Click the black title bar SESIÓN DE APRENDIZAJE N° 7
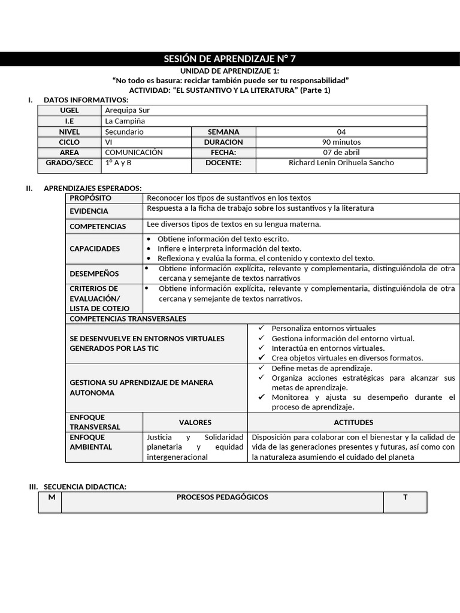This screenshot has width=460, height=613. pyautogui.click(x=230, y=59)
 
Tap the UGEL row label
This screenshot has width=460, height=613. pyautogui.click(x=69, y=110)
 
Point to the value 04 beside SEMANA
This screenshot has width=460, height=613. pyautogui.click(x=341, y=132)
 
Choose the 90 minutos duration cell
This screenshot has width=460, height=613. pyautogui.click(x=341, y=142)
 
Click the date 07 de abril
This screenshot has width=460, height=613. pyautogui.click(x=341, y=152)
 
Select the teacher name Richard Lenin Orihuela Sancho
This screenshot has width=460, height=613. pyautogui.click(x=341, y=162)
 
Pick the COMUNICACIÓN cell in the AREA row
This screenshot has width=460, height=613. pyautogui.click(x=134, y=152)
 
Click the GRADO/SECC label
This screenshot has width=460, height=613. pyautogui.click(x=69, y=162)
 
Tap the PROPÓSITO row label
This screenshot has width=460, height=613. pyautogui.click(x=90, y=198)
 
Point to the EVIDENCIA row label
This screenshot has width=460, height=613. pyautogui.click(x=89, y=211)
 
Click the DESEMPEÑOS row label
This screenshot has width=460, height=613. pyautogui.click(x=94, y=274)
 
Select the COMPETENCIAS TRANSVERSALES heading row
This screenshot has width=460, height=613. pyautogui.click(x=128, y=318)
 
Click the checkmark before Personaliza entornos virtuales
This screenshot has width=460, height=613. pyautogui.click(x=261, y=328)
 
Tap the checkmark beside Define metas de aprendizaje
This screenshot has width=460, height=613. pyautogui.click(x=261, y=368)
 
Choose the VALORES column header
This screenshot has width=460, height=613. pyautogui.click(x=195, y=422)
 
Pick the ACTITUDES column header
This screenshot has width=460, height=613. pyautogui.click(x=353, y=422)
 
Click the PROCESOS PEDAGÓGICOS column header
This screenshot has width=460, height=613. pyautogui.click(x=222, y=497)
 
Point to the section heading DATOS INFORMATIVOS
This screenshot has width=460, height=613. pyautogui.click(x=86, y=99)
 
